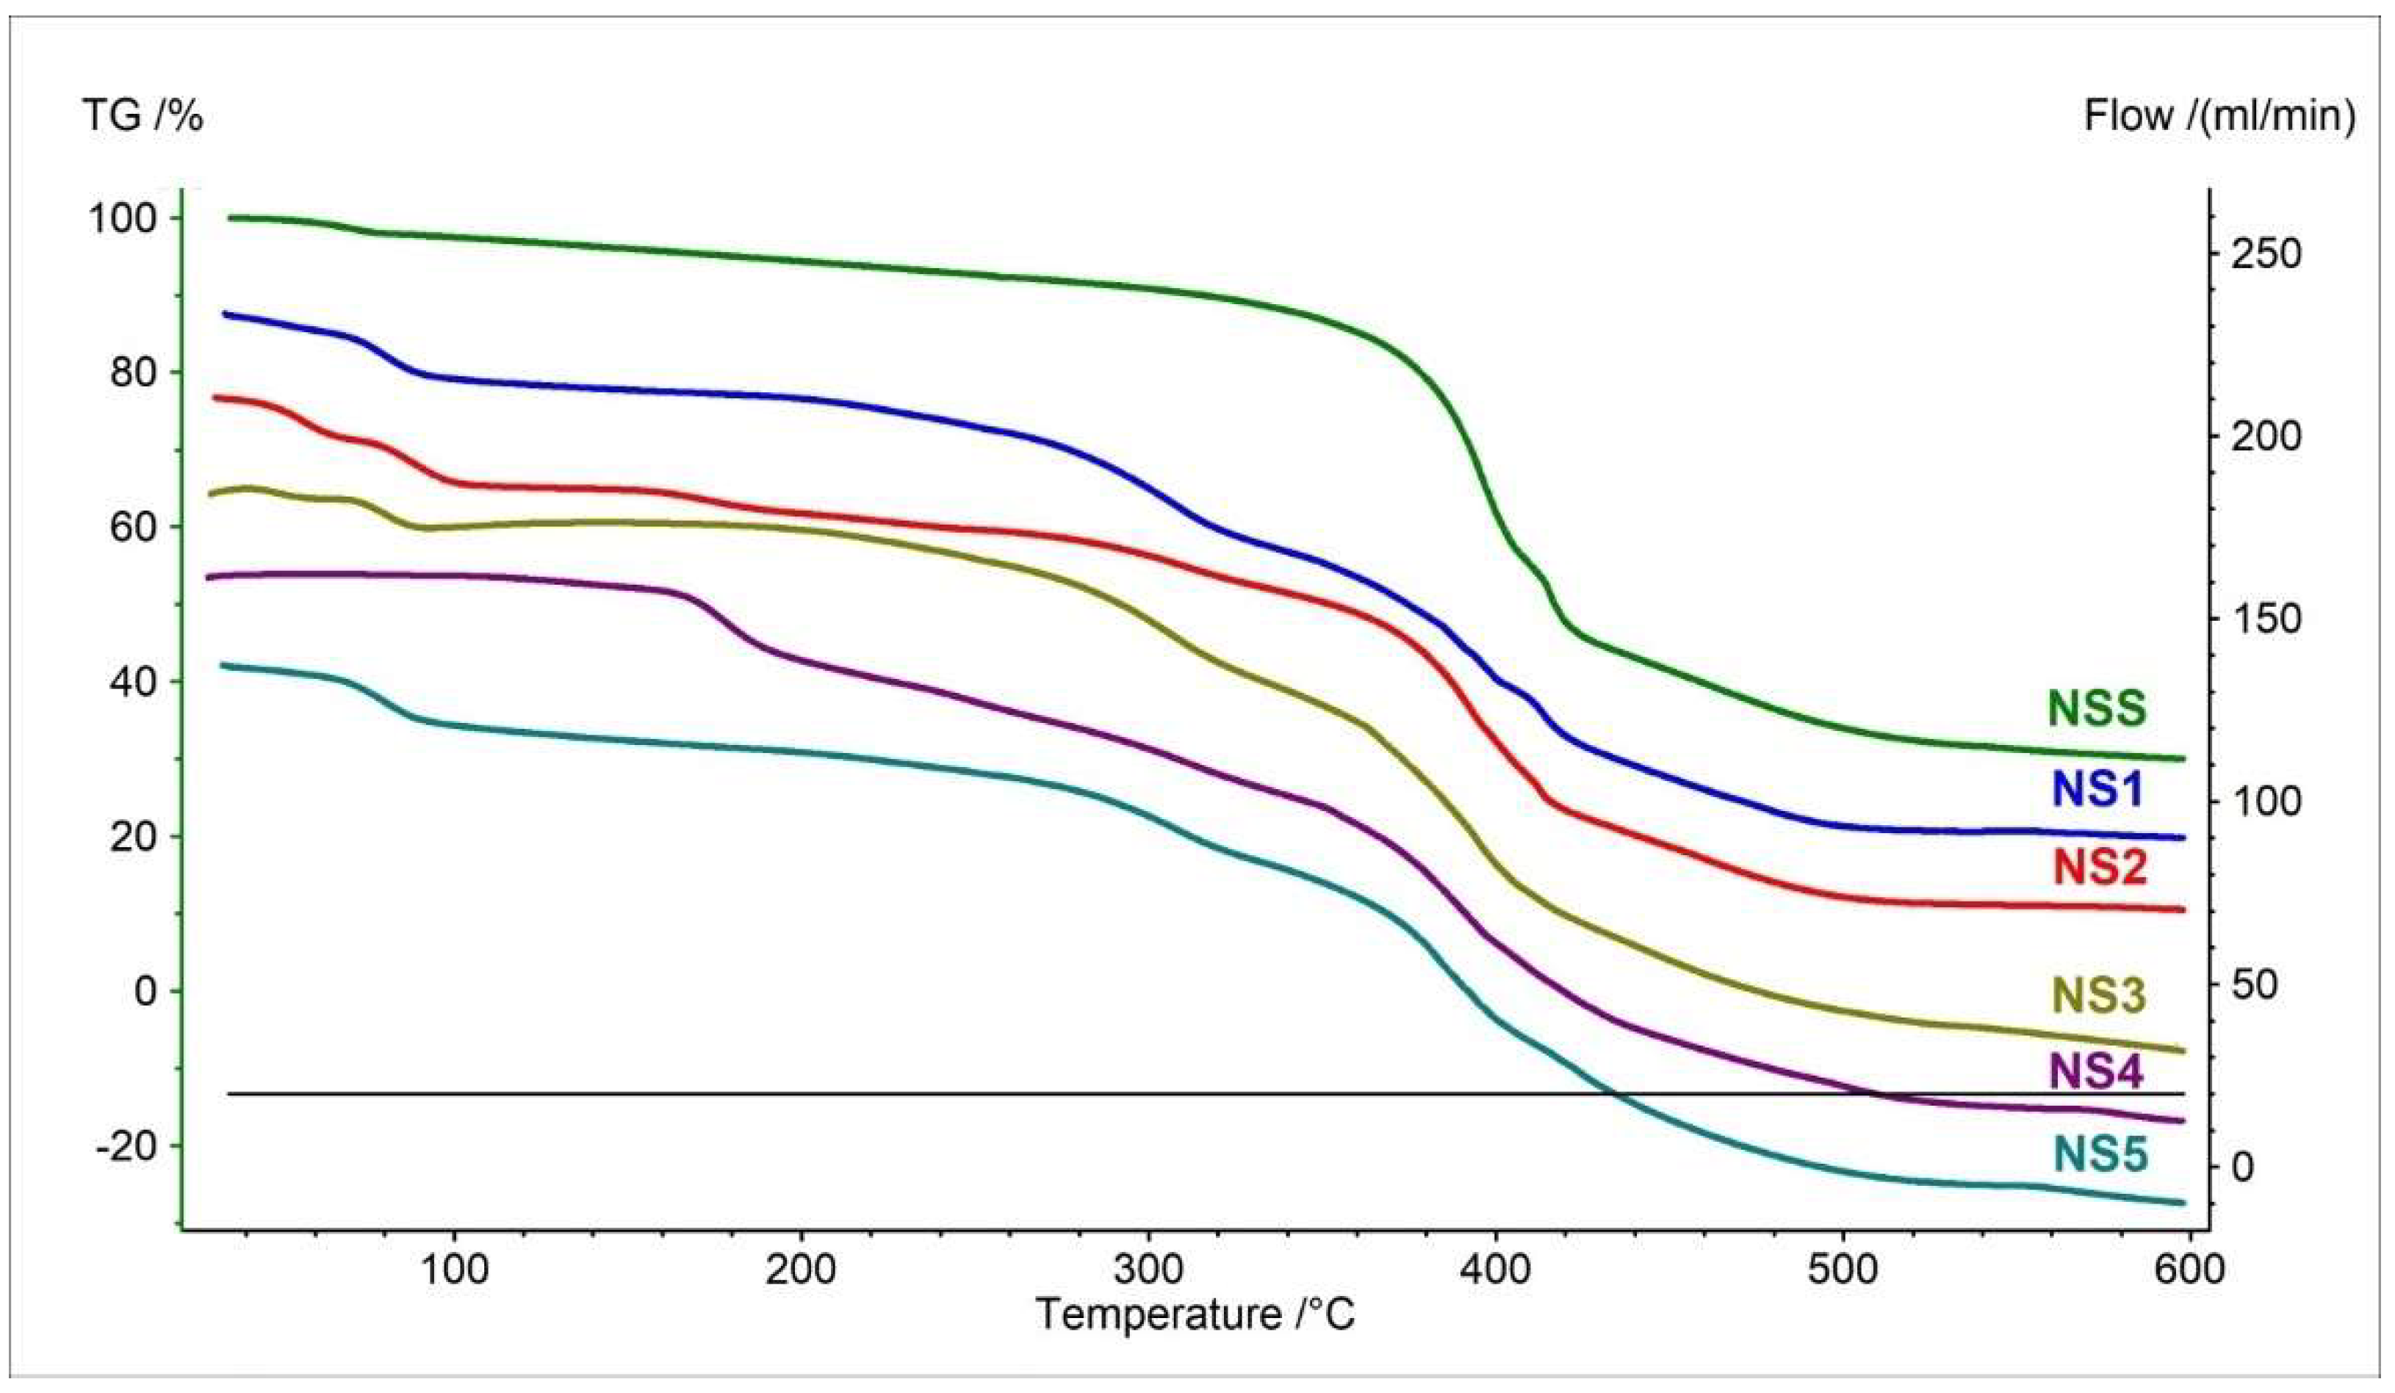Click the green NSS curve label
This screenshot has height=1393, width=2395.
tap(2097, 708)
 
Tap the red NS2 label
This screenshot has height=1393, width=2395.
tap(2097, 868)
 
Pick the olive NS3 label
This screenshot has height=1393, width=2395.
tap(2097, 996)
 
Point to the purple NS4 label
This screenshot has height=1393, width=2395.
tap(2097, 1072)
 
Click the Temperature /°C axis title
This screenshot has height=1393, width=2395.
tap(1195, 1315)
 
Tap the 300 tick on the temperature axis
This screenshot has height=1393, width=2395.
tap(1148, 1270)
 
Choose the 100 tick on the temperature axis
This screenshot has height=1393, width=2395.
tap(453, 1270)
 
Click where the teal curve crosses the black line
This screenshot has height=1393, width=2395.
tap(1614, 1095)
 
